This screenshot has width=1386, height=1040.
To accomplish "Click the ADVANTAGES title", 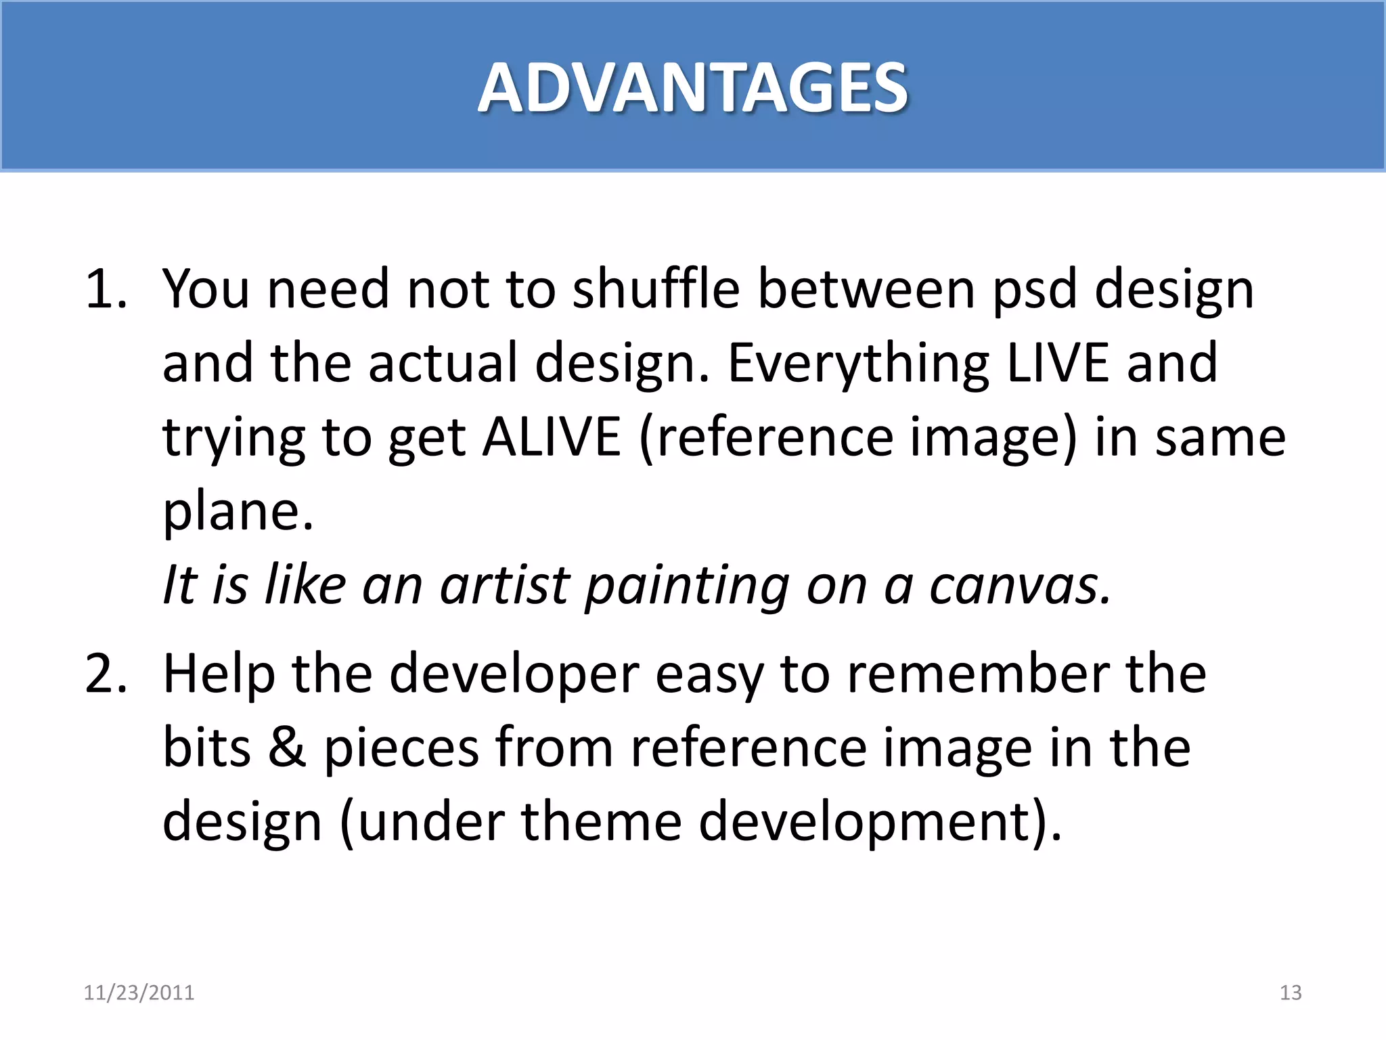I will (x=692, y=88).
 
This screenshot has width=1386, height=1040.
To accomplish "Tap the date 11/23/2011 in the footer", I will (x=139, y=993).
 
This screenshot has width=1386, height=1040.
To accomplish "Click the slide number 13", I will (x=1291, y=993).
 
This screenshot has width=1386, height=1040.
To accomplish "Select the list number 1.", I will (x=105, y=290).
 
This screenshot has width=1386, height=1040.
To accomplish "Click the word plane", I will (x=237, y=512).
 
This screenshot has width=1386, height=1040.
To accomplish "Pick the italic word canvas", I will (x=1019, y=586).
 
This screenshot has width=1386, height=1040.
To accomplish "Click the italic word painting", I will (x=687, y=586).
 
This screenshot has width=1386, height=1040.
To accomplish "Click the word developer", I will (x=514, y=676).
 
